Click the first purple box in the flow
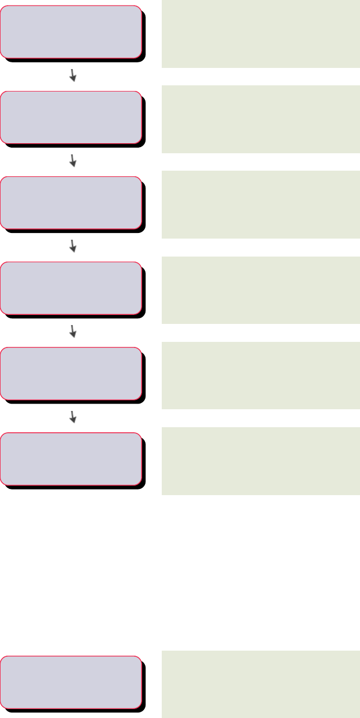pyautogui.click(x=70, y=31)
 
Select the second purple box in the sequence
pyautogui.click(x=70, y=117)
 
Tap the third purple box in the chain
pyautogui.click(x=70, y=202)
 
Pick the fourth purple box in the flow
pyautogui.click(x=70, y=287)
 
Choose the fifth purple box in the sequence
pyautogui.click(x=70, y=373)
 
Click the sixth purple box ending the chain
pyautogui.click(x=70, y=458)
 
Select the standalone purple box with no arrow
pyautogui.click(x=70, y=682)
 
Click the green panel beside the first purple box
pyautogui.click(x=261, y=34)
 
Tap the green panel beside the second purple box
pyautogui.click(x=261, y=119)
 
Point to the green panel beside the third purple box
pyautogui.click(x=261, y=204)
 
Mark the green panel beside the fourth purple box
pyautogui.click(x=261, y=290)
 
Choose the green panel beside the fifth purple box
pyautogui.click(x=261, y=375)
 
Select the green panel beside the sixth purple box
pyautogui.click(x=261, y=461)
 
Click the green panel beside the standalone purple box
pyautogui.click(x=261, y=684)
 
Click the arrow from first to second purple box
pyautogui.click(x=72, y=75)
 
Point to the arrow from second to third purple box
pyautogui.click(x=72, y=161)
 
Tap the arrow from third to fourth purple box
pyautogui.click(x=72, y=246)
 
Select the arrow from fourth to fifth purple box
pyautogui.click(x=72, y=331)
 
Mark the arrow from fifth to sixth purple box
pyautogui.click(x=72, y=417)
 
